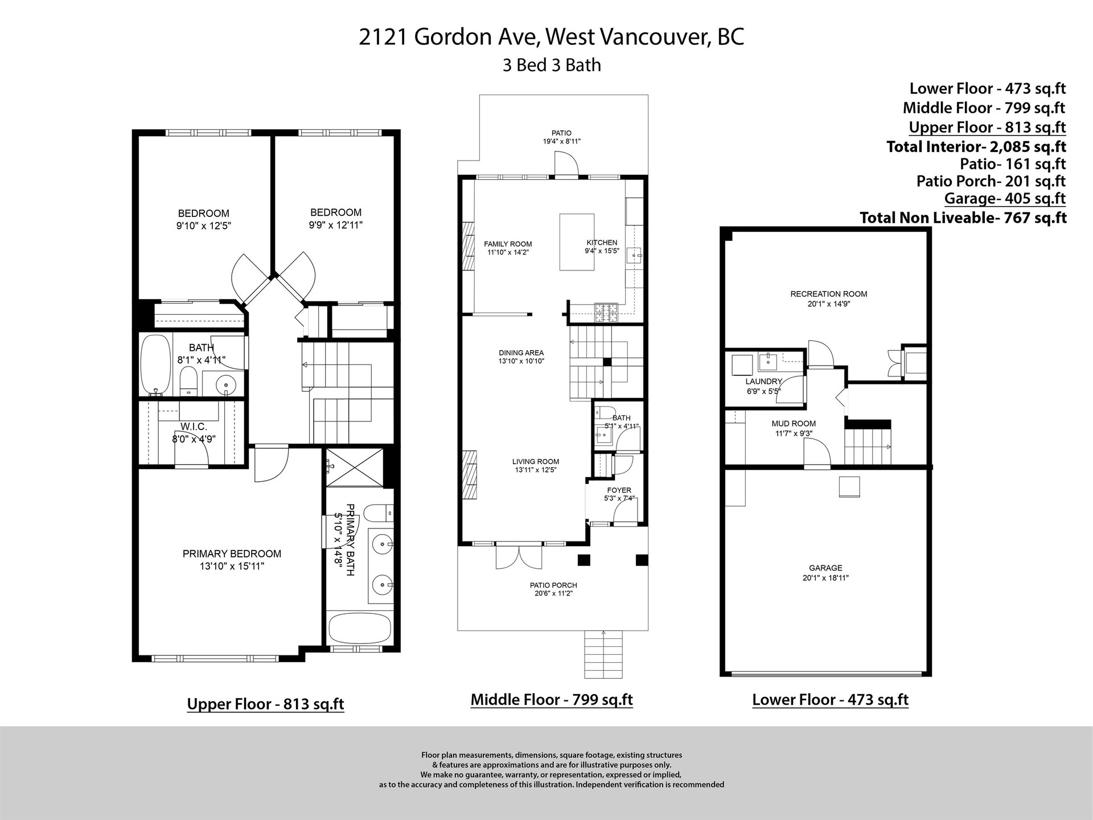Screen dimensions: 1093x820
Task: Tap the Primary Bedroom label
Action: (x=232, y=553)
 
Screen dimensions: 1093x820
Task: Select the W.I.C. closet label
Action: (x=194, y=427)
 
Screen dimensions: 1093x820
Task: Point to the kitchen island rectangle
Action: (x=577, y=241)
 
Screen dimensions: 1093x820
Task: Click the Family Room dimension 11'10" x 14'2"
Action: (x=507, y=252)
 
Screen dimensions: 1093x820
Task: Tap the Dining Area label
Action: (x=521, y=352)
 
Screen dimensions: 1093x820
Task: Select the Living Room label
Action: (x=536, y=462)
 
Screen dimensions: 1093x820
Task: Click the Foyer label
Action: (x=619, y=490)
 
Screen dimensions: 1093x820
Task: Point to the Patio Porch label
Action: (x=553, y=585)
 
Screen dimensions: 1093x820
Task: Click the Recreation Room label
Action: (x=829, y=294)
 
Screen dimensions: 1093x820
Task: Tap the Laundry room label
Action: (x=764, y=382)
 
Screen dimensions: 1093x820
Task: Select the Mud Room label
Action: (x=794, y=424)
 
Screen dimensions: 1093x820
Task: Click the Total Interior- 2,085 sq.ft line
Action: (x=976, y=146)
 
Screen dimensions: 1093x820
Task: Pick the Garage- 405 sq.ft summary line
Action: (x=1005, y=198)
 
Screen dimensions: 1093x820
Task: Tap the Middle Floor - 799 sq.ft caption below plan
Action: (x=552, y=699)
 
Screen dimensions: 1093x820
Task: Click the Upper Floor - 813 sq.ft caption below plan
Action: (x=266, y=704)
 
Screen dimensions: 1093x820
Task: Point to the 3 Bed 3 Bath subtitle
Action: (x=552, y=65)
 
